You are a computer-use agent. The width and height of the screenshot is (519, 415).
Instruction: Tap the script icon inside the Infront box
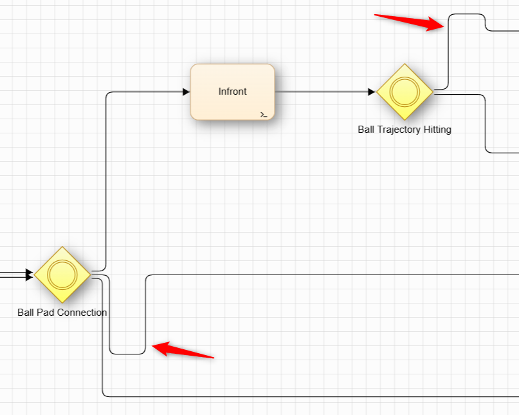click(264, 114)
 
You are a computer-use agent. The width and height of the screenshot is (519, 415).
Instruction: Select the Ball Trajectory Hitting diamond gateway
click(405, 92)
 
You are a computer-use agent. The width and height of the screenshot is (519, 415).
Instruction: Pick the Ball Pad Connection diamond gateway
click(62, 275)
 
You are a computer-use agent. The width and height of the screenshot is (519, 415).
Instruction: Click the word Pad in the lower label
click(45, 313)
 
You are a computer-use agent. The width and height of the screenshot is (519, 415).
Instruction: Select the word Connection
click(82, 313)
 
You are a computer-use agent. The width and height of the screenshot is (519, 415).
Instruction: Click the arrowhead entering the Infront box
click(186, 92)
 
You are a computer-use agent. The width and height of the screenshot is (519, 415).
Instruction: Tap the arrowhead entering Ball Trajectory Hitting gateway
click(372, 92)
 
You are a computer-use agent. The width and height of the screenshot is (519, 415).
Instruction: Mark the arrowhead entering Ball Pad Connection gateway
click(29, 276)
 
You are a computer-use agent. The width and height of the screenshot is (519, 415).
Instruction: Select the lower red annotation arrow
click(183, 351)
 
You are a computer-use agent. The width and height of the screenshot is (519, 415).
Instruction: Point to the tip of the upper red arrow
click(443, 26)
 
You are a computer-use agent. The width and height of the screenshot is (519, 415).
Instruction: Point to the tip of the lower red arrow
click(153, 347)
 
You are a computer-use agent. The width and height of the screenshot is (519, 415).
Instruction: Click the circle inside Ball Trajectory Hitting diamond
click(405, 92)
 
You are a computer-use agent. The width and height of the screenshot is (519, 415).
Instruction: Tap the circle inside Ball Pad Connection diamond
click(62, 275)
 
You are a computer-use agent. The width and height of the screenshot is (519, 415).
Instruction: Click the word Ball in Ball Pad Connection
click(26, 313)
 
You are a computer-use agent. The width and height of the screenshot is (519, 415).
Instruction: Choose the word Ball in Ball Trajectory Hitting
click(367, 130)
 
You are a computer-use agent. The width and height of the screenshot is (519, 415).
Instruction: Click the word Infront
click(232, 92)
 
